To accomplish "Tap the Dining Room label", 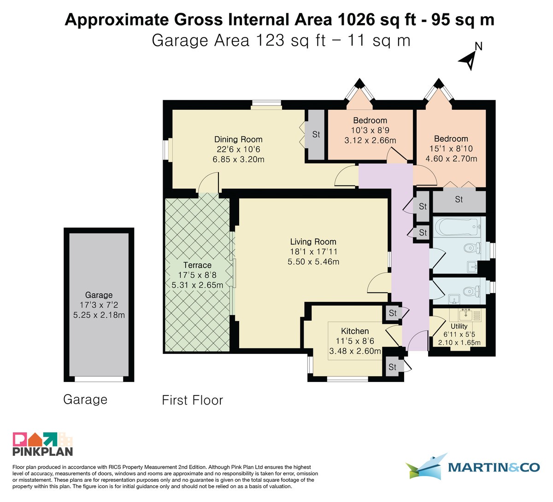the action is [x=238, y=139].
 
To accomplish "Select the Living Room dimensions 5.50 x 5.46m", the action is [x=313, y=262].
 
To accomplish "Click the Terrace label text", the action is [x=197, y=265].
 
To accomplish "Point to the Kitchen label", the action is [x=355, y=331].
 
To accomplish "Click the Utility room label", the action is [x=459, y=326].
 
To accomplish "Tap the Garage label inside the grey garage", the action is [x=99, y=295].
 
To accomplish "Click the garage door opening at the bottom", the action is [x=99, y=379].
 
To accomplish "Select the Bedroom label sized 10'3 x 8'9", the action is [x=370, y=120].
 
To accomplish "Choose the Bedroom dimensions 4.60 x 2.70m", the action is [x=451, y=159].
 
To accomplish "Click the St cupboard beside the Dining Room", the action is [x=316, y=134].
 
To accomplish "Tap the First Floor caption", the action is [x=193, y=400].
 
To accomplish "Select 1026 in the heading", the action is [x=356, y=20].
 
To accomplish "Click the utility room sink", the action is [x=466, y=315].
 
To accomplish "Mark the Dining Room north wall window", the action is [x=266, y=104].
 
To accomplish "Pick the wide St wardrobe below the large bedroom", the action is [x=459, y=200].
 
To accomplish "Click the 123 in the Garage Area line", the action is [x=270, y=40].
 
